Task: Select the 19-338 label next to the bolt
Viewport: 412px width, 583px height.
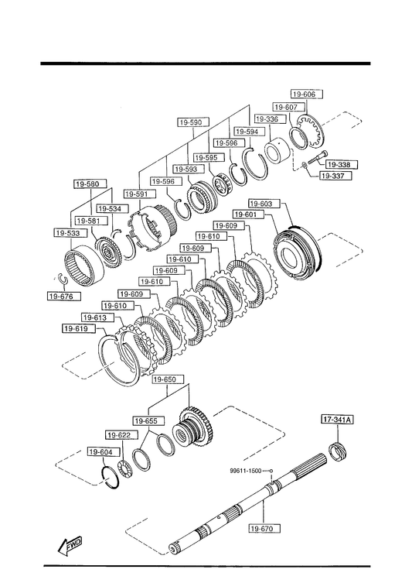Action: [x=339, y=164]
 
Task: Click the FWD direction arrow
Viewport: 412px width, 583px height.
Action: [x=70, y=546]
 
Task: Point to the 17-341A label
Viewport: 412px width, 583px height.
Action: [x=337, y=420]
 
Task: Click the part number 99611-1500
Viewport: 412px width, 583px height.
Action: [x=246, y=470]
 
